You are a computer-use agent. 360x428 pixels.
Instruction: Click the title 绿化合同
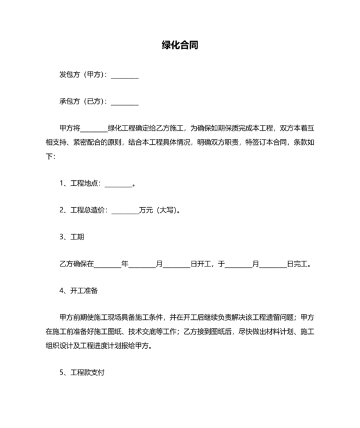pos(179,46)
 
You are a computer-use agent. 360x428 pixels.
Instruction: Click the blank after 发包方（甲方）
pos(125,75)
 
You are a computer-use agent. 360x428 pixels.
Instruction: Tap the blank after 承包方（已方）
pos(125,102)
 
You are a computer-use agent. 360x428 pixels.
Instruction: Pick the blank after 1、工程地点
pos(118,183)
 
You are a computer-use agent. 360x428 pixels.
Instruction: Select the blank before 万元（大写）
pos(125,210)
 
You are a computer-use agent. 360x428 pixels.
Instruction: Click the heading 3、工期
pos(72,237)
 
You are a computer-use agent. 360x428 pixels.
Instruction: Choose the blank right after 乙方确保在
pos(107,263)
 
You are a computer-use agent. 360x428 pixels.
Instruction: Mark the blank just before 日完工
pos(273,263)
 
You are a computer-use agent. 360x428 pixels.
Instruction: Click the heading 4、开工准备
pos(79,290)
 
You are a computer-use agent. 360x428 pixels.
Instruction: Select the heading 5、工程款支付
pos(82,372)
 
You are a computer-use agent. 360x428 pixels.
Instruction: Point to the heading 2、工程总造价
pos(84,210)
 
